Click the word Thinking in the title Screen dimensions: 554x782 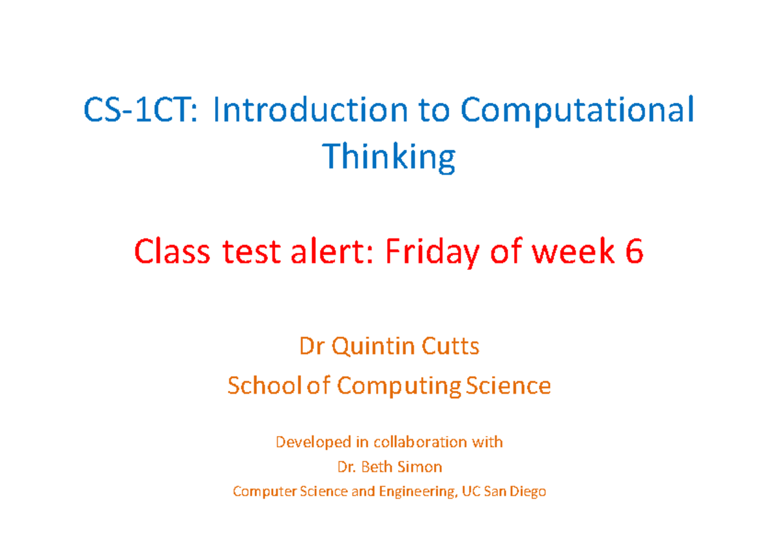[x=389, y=158]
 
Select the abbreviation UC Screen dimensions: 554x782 [x=470, y=491]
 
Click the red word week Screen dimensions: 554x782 [x=570, y=252]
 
